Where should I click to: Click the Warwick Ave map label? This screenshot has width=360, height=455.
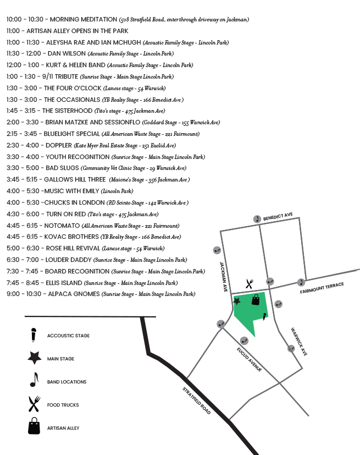pos(299,342)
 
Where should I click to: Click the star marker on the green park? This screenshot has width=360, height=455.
pos(237,301)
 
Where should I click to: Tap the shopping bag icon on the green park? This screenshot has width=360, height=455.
pos(256,299)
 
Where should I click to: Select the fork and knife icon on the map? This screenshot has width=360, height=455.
pos(250,283)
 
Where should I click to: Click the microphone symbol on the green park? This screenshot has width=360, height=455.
pos(264,316)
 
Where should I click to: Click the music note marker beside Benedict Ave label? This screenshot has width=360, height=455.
pos(257,219)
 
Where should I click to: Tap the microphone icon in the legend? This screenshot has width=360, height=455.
pos(34,335)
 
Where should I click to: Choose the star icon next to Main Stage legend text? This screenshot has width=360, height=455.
pos(34,358)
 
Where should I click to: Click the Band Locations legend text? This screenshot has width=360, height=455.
pos(67,382)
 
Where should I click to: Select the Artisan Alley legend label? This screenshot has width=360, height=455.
pos(63,428)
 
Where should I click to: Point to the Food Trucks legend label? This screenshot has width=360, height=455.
pos(63,405)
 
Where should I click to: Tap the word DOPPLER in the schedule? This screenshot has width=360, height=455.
pos(58,146)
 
